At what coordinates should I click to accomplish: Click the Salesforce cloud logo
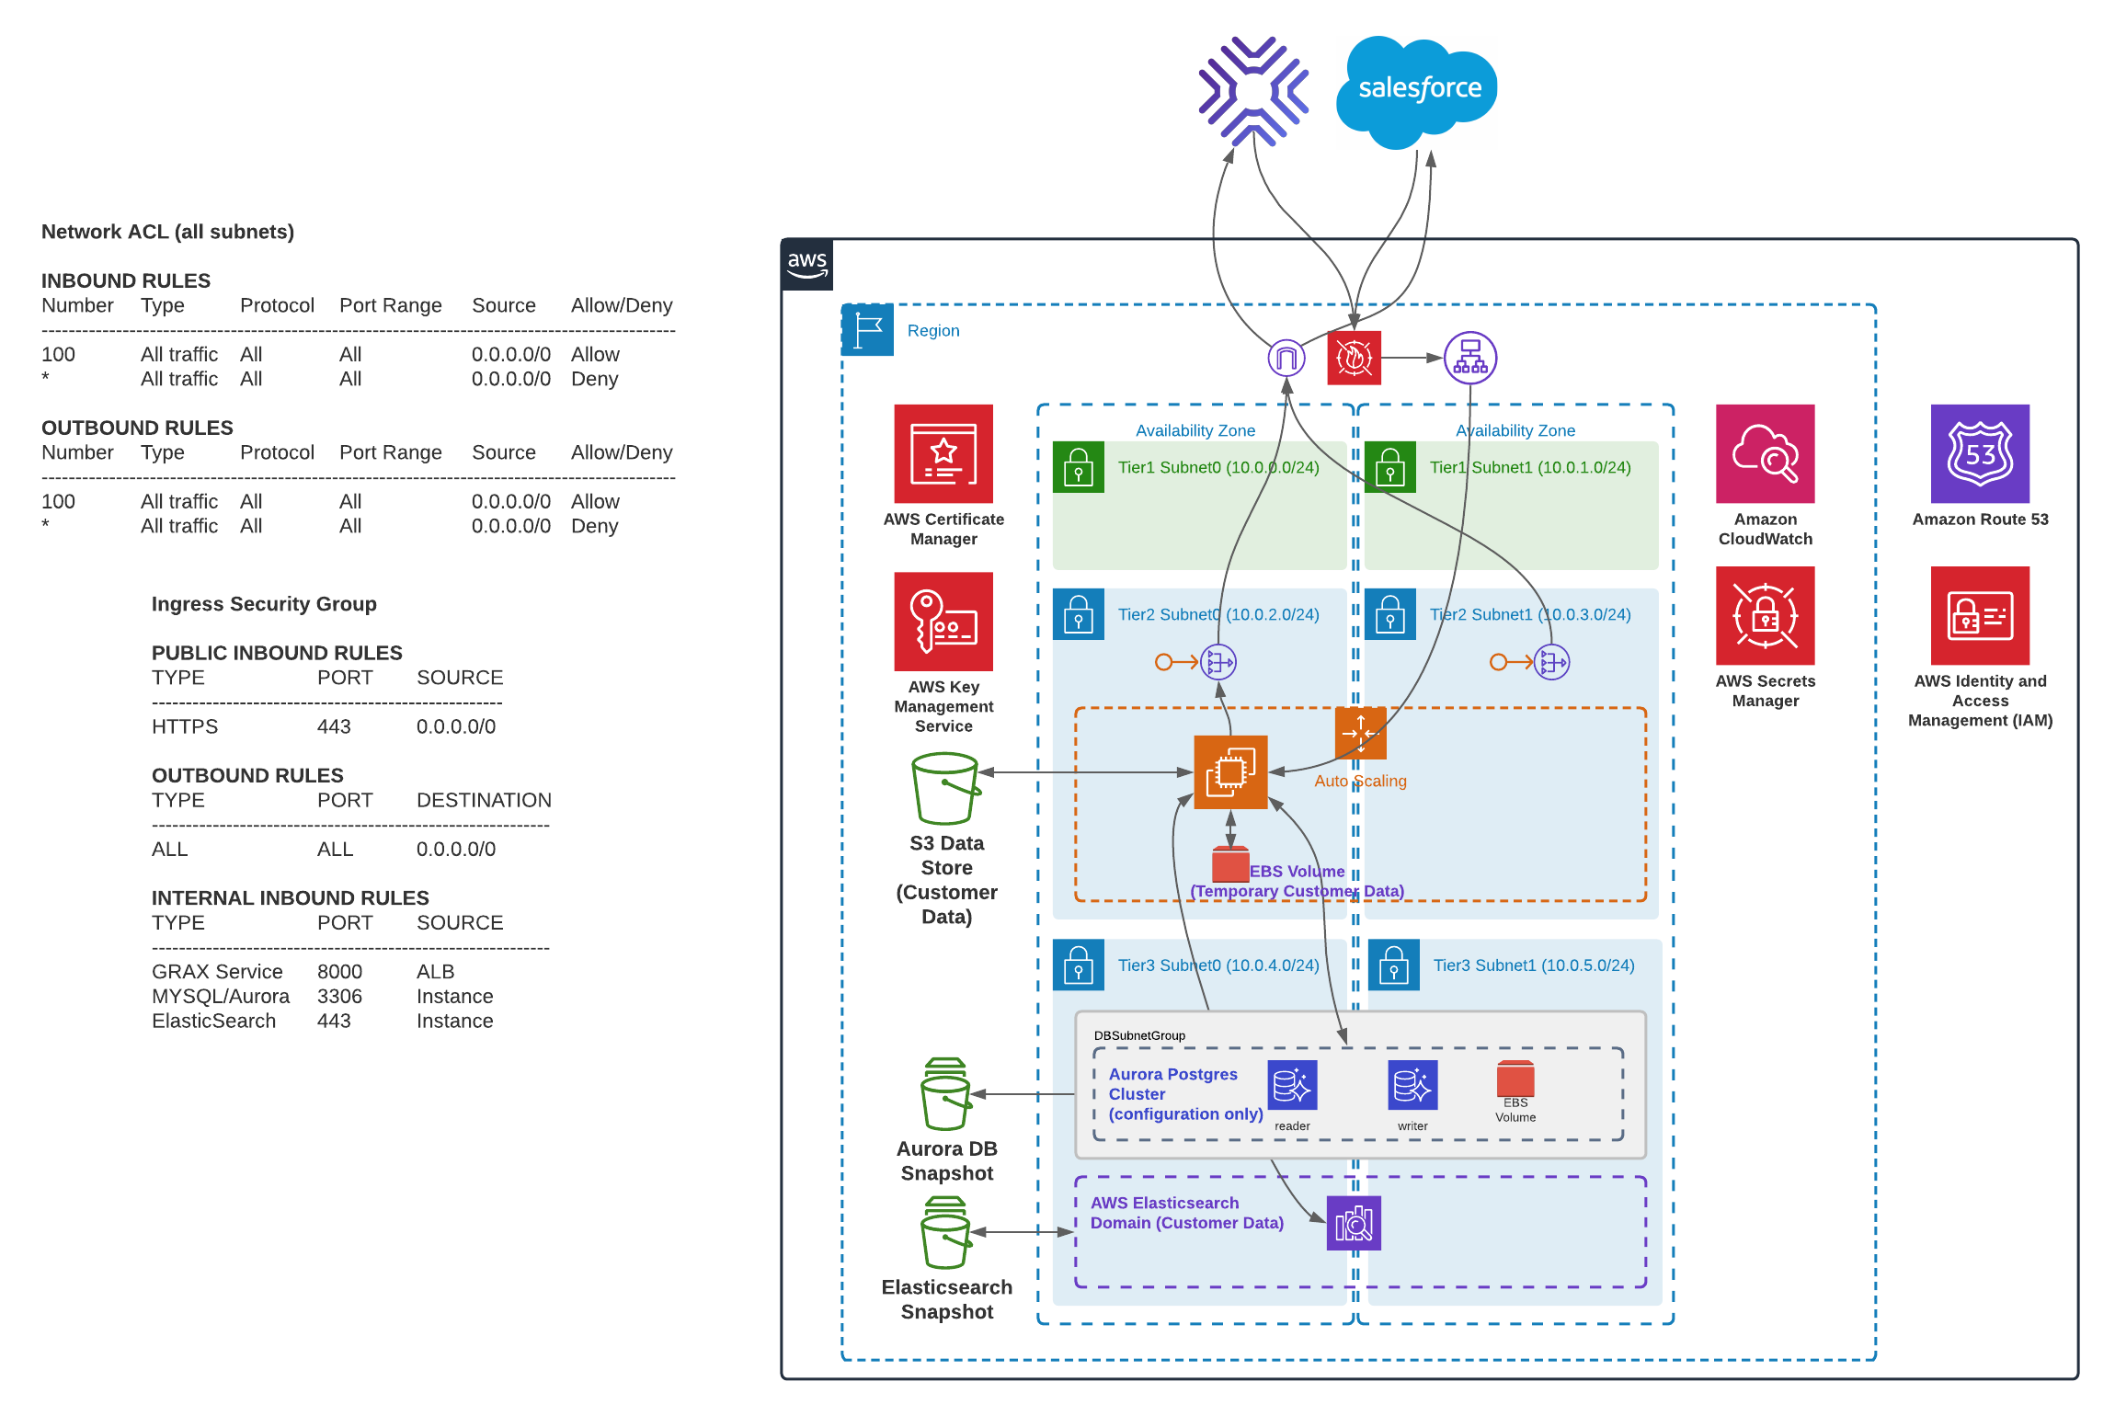pos(1417,90)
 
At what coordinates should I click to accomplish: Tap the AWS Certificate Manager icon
pos(943,453)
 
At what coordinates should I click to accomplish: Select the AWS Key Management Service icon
pos(943,622)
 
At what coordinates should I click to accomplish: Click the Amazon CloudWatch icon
pos(1765,453)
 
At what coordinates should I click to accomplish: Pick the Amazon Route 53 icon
pos(1980,453)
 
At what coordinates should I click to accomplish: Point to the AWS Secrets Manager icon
pos(1765,615)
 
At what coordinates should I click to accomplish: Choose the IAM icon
pos(1980,615)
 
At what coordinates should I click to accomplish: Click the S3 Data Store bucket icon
pos(944,789)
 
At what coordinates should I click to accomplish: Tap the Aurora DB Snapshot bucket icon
pos(945,1094)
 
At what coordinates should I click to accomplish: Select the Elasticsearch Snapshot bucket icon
pos(945,1232)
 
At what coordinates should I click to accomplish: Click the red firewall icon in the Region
pos(1354,358)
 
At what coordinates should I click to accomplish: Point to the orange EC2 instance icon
pos(1230,772)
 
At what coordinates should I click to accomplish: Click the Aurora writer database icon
pos(1412,1086)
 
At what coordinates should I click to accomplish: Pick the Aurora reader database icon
pos(1292,1086)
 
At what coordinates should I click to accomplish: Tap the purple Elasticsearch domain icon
pos(1354,1224)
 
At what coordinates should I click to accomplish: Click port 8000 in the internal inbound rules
pos(339,972)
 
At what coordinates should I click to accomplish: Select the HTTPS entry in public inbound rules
pos(185,726)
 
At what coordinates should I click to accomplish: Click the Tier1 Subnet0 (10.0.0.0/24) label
pos(1218,467)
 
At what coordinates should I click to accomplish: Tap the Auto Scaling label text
pos(1360,781)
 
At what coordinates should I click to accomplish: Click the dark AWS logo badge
pos(807,265)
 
